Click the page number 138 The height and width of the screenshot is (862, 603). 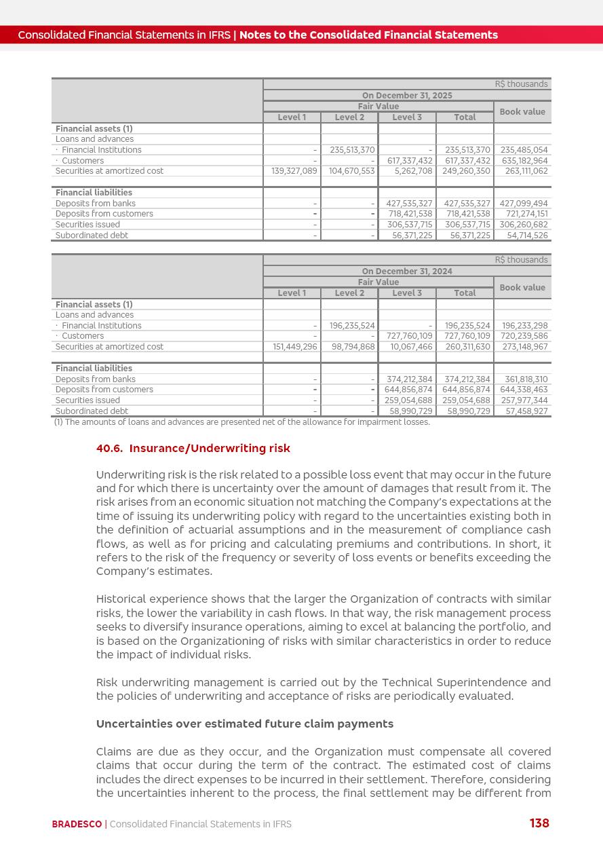point(539,823)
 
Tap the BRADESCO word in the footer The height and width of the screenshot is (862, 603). point(77,824)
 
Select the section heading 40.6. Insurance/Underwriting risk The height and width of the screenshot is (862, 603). point(193,448)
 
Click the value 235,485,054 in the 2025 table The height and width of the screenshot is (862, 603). point(524,150)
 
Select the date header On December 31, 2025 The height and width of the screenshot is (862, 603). point(407,96)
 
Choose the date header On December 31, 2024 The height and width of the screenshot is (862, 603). point(407,271)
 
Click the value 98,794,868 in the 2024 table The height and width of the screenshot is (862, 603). point(349,347)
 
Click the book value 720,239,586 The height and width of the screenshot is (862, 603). point(524,336)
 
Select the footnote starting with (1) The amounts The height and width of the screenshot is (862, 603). point(241,422)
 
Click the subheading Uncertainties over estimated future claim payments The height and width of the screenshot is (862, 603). point(244,724)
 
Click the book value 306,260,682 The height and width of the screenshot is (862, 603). point(524,225)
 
